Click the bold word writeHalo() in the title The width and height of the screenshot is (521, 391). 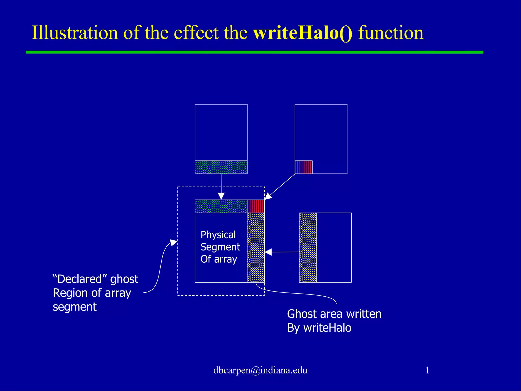(x=303, y=33)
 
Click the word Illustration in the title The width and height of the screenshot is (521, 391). (x=75, y=33)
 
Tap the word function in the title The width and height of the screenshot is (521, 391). (x=391, y=33)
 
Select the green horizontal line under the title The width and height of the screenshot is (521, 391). (x=254, y=52)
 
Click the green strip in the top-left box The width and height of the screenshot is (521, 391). (x=221, y=167)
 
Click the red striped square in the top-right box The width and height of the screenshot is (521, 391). (x=303, y=167)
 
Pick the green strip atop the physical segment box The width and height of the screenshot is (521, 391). (x=221, y=206)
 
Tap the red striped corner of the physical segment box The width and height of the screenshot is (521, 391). (x=256, y=206)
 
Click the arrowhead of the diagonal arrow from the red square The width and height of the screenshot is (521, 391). (x=268, y=197)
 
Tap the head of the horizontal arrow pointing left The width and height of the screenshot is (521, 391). (x=268, y=252)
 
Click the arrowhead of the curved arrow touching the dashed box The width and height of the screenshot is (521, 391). (x=174, y=242)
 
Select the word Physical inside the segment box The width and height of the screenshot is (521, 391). (x=218, y=235)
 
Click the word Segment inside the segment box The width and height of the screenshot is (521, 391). (x=220, y=247)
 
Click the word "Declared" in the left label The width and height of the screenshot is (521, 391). (x=77, y=279)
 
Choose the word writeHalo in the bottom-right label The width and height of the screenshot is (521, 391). (x=327, y=328)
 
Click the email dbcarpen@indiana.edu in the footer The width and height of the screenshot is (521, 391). (x=260, y=370)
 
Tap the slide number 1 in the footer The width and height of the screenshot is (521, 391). (x=427, y=370)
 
